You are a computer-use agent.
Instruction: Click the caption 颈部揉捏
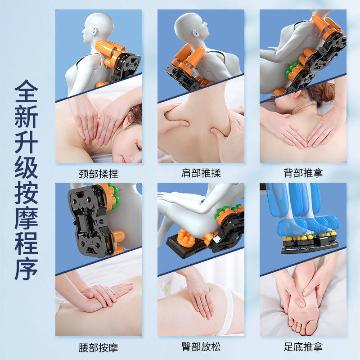tap(99, 174)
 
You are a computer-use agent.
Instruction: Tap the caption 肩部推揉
tap(201, 173)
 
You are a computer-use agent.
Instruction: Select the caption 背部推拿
tap(303, 173)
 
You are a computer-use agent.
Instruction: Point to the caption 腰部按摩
tap(99, 347)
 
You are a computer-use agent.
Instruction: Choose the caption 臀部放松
tap(201, 346)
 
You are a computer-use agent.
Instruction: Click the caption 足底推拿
tap(303, 346)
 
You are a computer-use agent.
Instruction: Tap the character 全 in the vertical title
tap(26, 91)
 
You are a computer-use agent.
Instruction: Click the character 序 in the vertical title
tap(26, 269)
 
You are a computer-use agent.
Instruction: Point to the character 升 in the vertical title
tap(26, 142)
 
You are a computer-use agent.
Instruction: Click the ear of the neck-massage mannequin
tap(94, 31)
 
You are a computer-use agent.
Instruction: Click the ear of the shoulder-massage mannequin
tap(196, 33)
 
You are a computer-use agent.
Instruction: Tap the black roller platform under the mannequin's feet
tap(310, 246)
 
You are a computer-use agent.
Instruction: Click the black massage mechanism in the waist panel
tap(87, 220)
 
